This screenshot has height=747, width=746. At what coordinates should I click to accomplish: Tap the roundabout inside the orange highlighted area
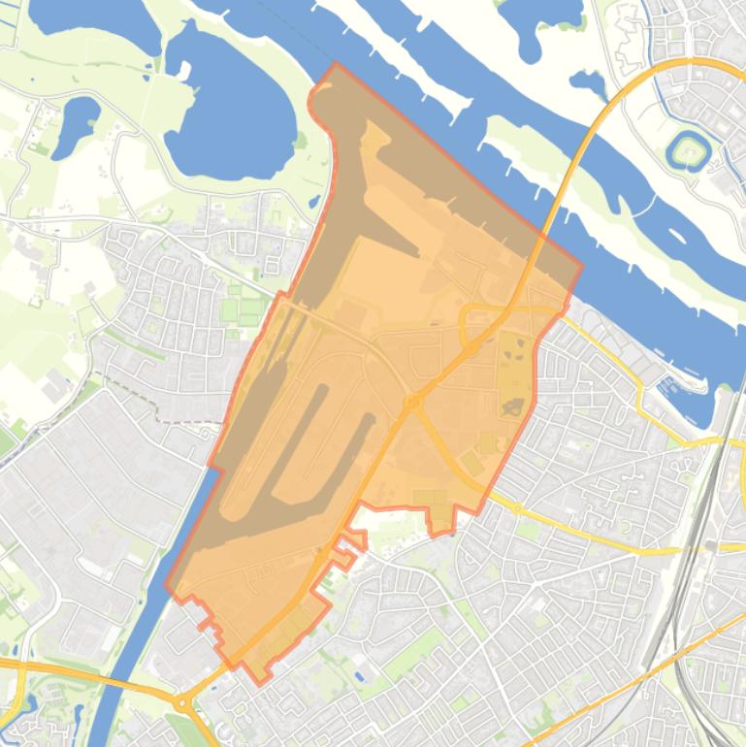tap(414, 402)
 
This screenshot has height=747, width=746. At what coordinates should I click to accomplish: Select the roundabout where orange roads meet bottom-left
tap(181, 701)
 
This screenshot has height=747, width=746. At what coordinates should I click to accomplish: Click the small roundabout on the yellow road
tap(518, 508)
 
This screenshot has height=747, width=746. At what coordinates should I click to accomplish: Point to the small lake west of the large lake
tap(76, 126)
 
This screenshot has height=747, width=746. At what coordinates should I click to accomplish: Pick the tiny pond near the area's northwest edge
tap(314, 203)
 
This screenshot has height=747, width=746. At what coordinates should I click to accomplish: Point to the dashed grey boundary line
tap(146, 398)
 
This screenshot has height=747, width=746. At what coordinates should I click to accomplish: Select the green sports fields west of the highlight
tap(243, 310)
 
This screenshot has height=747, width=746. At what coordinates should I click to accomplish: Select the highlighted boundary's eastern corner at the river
tap(581, 264)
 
